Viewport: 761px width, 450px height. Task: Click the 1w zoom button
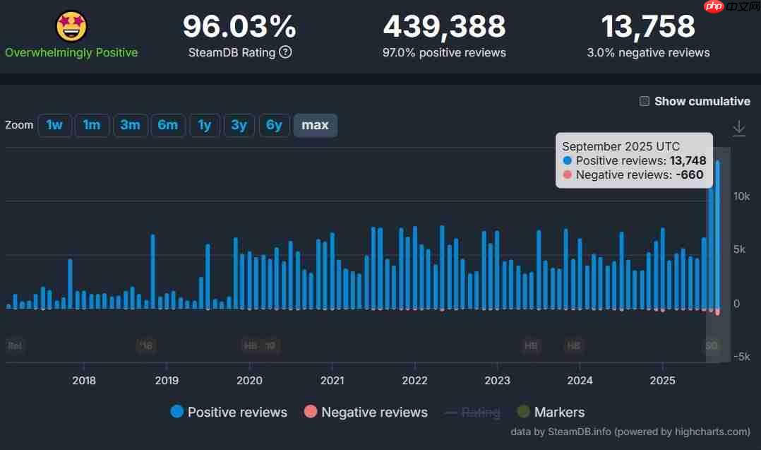point(54,125)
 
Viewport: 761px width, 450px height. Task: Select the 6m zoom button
point(167,125)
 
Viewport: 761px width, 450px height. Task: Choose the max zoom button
point(315,125)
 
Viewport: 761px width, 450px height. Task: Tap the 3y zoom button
point(239,125)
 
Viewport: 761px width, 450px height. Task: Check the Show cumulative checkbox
point(645,101)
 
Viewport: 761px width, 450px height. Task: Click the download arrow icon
point(738,129)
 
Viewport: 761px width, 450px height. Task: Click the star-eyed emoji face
point(71,26)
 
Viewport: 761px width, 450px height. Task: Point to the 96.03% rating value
point(239,27)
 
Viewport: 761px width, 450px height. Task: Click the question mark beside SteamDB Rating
point(285,52)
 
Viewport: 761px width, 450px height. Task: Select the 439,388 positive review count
point(444,27)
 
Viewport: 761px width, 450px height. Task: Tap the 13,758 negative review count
point(648,27)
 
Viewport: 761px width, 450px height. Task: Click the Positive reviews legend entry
point(229,412)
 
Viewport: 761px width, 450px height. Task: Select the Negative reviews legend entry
point(366,412)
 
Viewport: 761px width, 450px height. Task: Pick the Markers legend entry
point(551,412)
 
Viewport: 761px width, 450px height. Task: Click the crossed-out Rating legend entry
point(472,412)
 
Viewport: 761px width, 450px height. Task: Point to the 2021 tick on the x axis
point(332,380)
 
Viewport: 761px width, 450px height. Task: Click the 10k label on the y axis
point(741,196)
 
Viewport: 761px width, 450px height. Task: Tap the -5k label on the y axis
point(740,357)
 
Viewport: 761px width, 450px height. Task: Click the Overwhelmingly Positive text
point(71,52)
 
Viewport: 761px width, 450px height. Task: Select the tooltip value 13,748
point(688,160)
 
